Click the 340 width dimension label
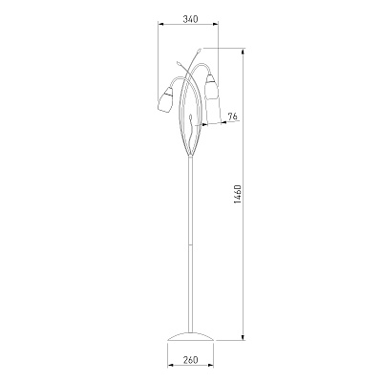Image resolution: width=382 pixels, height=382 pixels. point(190,19)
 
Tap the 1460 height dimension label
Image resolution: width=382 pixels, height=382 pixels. point(239,194)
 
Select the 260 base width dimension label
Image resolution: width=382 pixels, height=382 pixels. point(190,360)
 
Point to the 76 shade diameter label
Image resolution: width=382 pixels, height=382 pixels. point(233,117)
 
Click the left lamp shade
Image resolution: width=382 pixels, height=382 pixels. point(165,100)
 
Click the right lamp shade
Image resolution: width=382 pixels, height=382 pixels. point(211,86)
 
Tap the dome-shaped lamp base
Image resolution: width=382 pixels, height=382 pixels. point(190,337)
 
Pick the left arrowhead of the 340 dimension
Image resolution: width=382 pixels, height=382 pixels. point(160,24)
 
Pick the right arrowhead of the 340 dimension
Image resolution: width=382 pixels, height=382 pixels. point(216,24)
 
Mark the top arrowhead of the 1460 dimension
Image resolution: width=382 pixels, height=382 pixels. point(244,52)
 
